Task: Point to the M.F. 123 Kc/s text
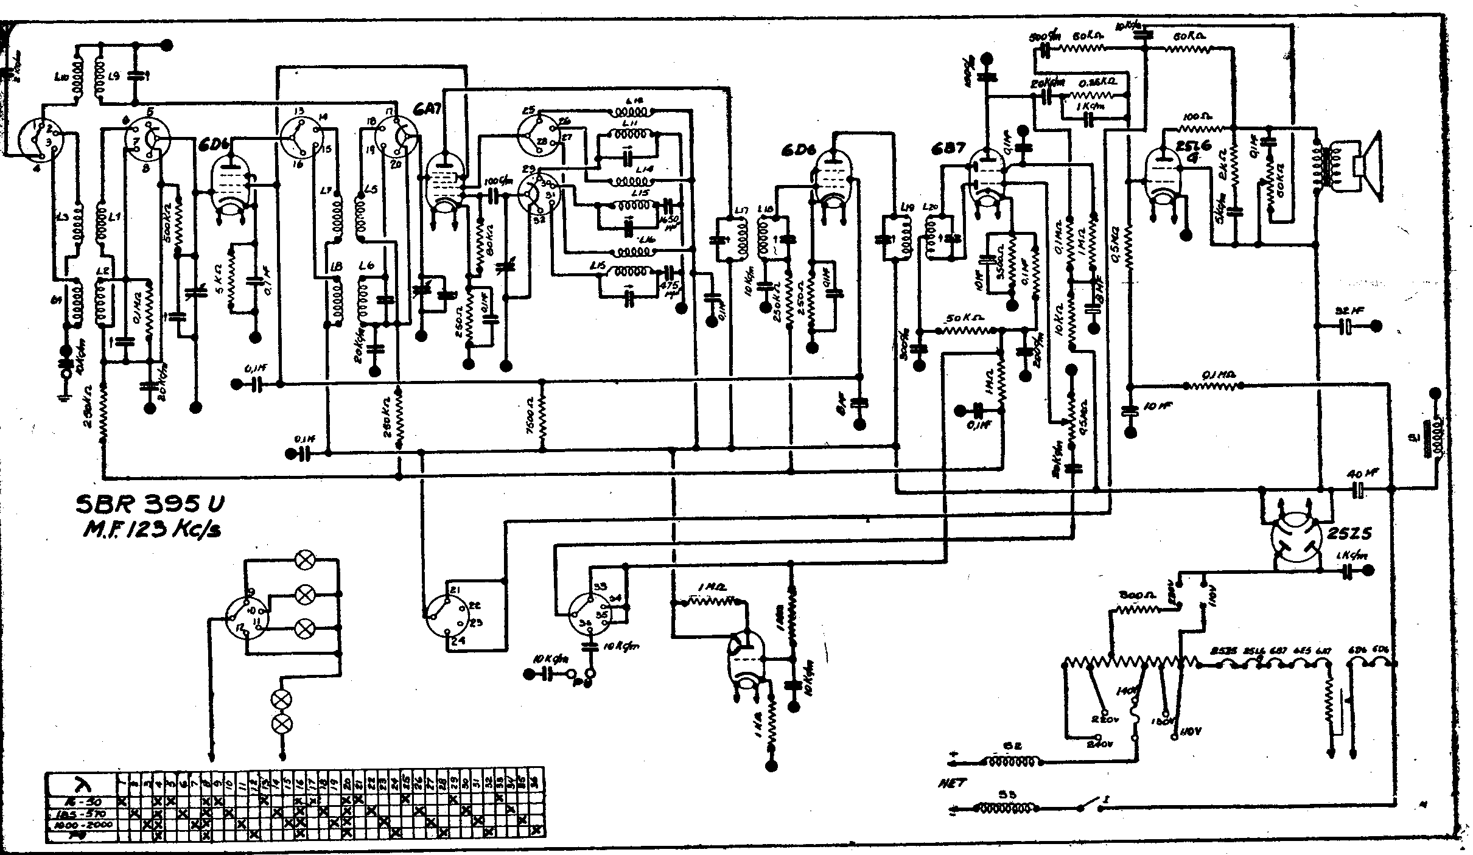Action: coord(152,531)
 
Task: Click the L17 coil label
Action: coord(741,211)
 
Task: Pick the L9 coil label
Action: coord(114,77)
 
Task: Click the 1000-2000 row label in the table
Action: coord(82,825)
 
